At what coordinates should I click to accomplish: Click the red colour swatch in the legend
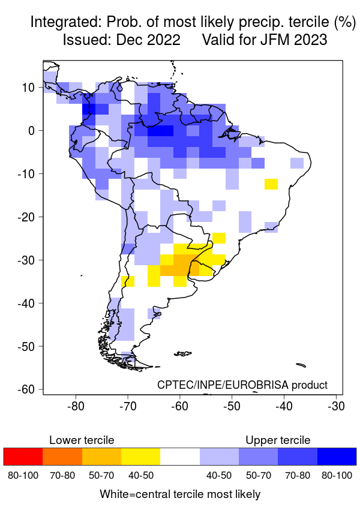23,457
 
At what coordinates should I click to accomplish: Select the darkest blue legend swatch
336,457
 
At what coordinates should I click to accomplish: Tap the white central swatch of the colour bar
179,457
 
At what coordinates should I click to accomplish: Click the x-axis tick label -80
76,406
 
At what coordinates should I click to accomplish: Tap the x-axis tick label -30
336,406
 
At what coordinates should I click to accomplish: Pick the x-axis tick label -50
232,406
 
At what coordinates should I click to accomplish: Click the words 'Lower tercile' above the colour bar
81,440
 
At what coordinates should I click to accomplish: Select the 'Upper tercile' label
278,440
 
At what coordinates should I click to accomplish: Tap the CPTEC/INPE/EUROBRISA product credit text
242,385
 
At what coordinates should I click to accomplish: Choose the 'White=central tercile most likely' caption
180,494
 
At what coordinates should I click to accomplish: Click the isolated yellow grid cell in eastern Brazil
271,184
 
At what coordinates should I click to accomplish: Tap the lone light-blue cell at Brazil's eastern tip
297,163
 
